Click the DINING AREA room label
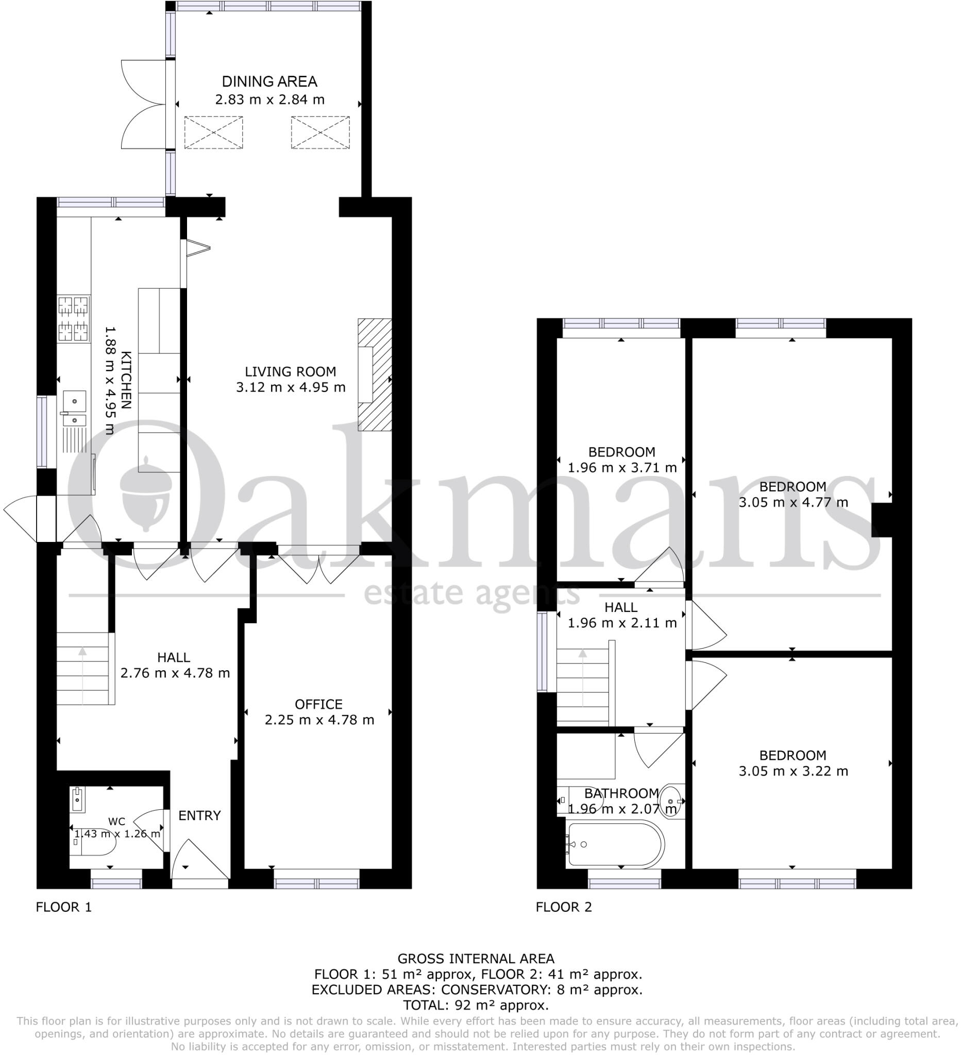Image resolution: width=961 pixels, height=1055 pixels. click(269, 81)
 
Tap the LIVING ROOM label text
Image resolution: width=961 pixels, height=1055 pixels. click(290, 372)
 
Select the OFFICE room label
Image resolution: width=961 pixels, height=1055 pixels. click(318, 704)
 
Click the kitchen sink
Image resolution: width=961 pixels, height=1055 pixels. click(74, 409)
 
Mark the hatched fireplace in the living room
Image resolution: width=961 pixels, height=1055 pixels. click(374, 375)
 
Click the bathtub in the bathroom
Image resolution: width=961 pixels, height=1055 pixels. click(615, 844)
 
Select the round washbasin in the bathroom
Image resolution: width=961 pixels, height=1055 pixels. click(670, 801)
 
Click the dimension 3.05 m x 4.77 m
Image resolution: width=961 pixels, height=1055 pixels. click(793, 503)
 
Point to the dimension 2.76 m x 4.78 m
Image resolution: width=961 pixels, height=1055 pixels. click(175, 673)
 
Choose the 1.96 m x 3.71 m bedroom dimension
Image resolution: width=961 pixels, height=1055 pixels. click(622, 468)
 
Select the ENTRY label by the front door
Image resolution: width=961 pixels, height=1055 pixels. click(199, 816)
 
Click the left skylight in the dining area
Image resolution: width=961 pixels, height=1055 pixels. click(213, 133)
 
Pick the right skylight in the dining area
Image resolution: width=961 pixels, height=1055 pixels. click(321, 133)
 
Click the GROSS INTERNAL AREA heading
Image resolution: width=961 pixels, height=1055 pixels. click(475, 959)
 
